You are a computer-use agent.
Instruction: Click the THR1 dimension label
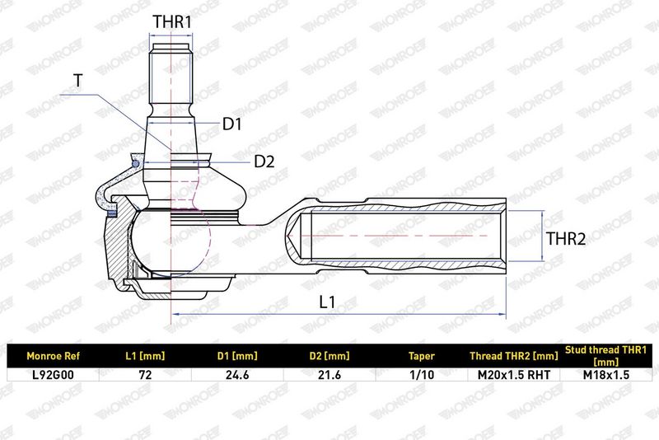pos(172,22)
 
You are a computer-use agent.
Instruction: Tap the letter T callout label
pos(77,80)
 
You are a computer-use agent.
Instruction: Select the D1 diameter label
pos(232,124)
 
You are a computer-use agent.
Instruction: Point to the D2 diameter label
pos(264,161)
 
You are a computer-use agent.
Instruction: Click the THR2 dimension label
pos(566,239)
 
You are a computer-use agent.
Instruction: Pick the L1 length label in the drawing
pos(327,302)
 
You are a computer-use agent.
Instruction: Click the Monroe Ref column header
pos(53,357)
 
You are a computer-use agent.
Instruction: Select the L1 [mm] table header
pos(145,357)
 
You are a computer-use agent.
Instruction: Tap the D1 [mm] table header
pos(237,357)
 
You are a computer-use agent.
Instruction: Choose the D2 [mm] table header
pos(329,357)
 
